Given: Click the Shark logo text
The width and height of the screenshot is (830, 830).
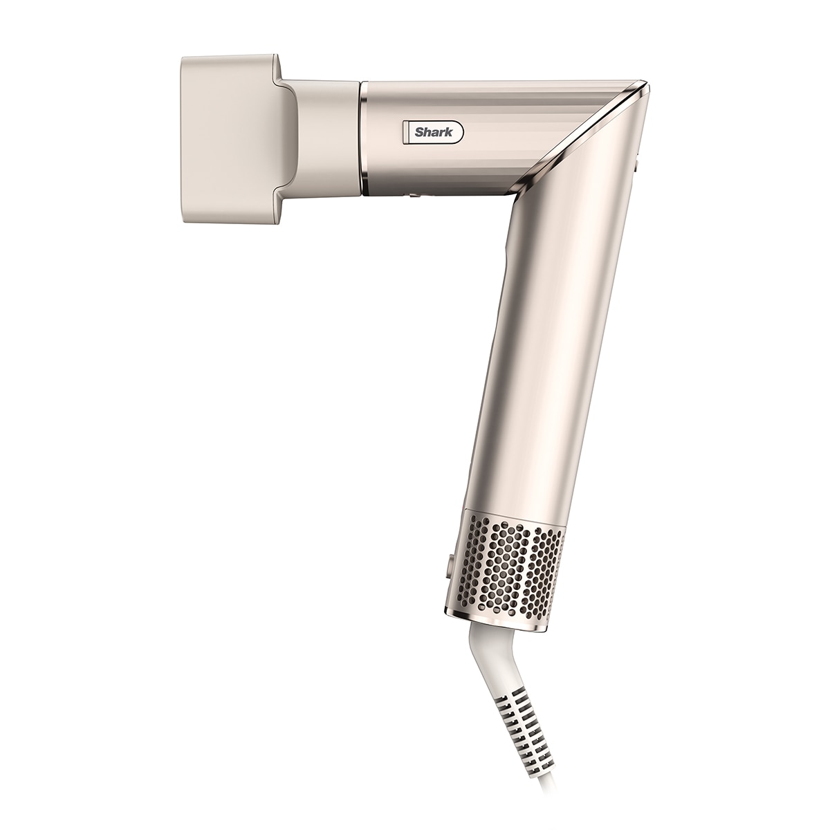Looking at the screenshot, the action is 434,132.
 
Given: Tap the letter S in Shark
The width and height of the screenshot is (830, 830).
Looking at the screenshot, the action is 418,132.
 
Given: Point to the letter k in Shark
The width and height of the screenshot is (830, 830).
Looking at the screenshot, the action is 449,132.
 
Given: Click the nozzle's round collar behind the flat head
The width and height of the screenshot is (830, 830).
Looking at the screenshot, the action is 326,136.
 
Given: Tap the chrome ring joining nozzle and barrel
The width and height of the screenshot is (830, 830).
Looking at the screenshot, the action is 364,138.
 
